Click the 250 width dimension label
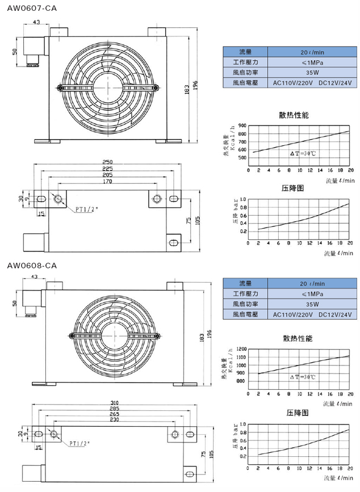pyautogui.click(x=107, y=162)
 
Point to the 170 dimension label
pyautogui.click(x=107, y=182)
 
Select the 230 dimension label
pyautogui.click(x=114, y=420)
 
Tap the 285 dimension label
pyautogui.click(x=114, y=409)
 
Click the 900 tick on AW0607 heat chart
pyautogui.click(x=242, y=126)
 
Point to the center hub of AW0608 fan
pyautogui.click(x=114, y=336)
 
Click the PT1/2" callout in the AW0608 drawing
pyautogui.click(x=82, y=443)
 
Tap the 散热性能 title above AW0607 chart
pyautogui.click(x=294, y=115)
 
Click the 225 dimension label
pyautogui.click(x=107, y=169)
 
